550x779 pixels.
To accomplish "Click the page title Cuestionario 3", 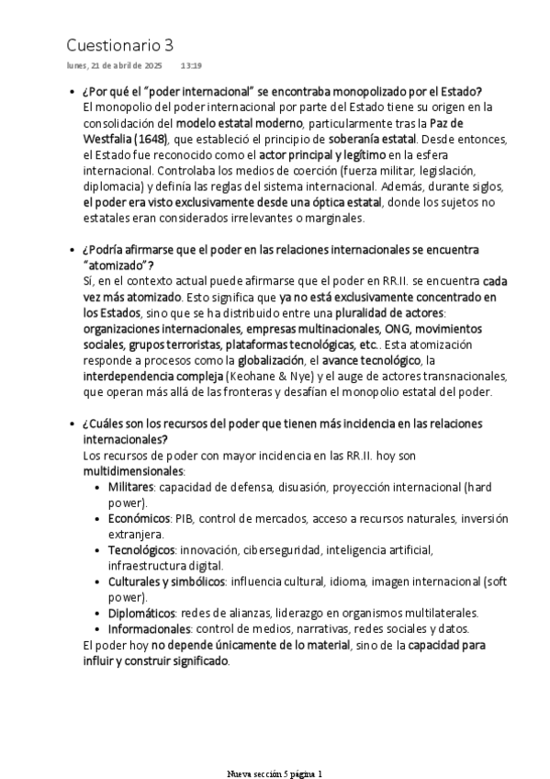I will pos(119,45).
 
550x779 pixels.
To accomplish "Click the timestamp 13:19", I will pos(191,66).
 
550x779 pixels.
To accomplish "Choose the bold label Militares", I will pos(130,486).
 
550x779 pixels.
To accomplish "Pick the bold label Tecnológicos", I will pos(140,549).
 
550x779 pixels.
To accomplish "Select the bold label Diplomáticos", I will pos(141,613).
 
